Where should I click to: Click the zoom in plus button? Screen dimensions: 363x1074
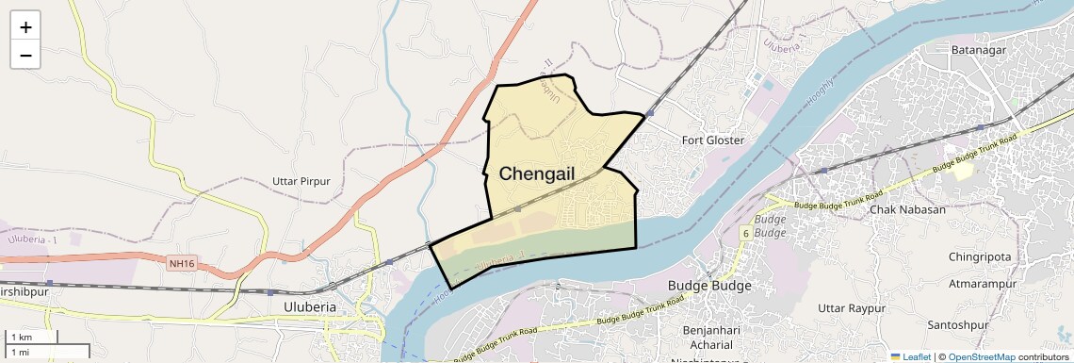click(25, 27)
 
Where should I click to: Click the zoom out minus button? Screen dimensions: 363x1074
click(25, 56)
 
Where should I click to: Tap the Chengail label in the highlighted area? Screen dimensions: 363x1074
click(537, 173)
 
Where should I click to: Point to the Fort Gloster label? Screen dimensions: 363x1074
click(713, 140)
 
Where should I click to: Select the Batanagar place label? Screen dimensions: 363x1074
click(980, 49)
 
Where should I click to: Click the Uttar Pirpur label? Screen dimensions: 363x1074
click(301, 181)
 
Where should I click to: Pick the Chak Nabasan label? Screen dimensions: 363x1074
click(907, 209)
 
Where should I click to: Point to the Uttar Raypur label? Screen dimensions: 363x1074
click(853, 308)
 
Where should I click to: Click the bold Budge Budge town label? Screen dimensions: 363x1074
click(709, 286)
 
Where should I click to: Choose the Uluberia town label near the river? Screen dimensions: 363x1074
click(310, 307)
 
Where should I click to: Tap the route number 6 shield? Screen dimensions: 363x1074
click(745, 233)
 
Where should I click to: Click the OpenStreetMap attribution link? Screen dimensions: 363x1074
click(981, 356)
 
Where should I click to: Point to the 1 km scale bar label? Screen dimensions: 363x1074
click(22, 338)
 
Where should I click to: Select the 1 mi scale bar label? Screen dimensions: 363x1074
click(21, 352)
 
